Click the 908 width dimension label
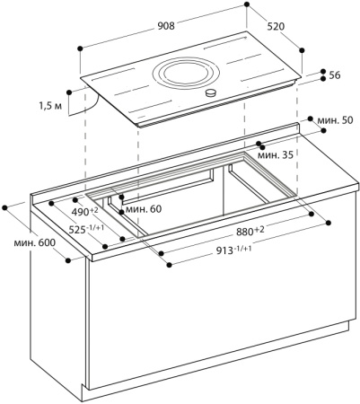point(165,26)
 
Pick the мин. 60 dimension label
point(143,209)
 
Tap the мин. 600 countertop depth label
point(33,244)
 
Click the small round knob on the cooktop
point(212,93)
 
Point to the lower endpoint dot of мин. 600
point(69,261)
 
